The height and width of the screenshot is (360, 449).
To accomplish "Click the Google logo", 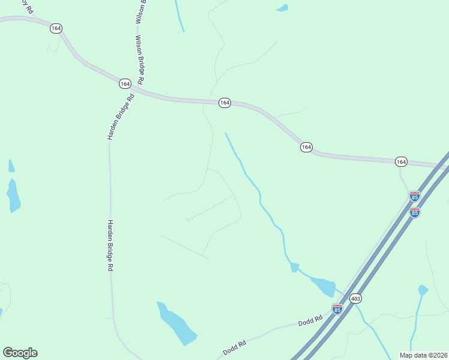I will click(x=20, y=353).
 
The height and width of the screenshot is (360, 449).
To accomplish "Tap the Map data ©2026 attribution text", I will click(x=423, y=355).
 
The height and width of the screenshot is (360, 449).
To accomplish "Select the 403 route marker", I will click(x=355, y=298).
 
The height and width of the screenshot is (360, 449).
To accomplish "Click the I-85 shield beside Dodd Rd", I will click(x=337, y=308).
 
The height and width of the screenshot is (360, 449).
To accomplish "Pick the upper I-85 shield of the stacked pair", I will click(x=414, y=196).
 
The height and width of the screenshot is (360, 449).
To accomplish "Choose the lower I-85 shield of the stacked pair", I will click(x=414, y=212).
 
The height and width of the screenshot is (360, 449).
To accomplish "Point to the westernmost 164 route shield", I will click(x=56, y=28).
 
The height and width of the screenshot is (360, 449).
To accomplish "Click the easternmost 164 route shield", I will click(x=401, y=162).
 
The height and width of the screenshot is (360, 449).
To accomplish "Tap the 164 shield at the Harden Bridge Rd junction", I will click(x=124, y=84).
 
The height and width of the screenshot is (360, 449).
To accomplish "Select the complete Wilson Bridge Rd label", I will click(x=139, y=59).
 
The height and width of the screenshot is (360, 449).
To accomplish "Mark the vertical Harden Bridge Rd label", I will click(x=110, y=246).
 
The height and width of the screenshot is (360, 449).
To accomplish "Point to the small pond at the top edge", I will click(x=281, y=8).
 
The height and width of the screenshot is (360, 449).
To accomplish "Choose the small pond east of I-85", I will click(x=423, y=290).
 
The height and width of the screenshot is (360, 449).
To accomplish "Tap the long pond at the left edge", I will click(x=13, y=195).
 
